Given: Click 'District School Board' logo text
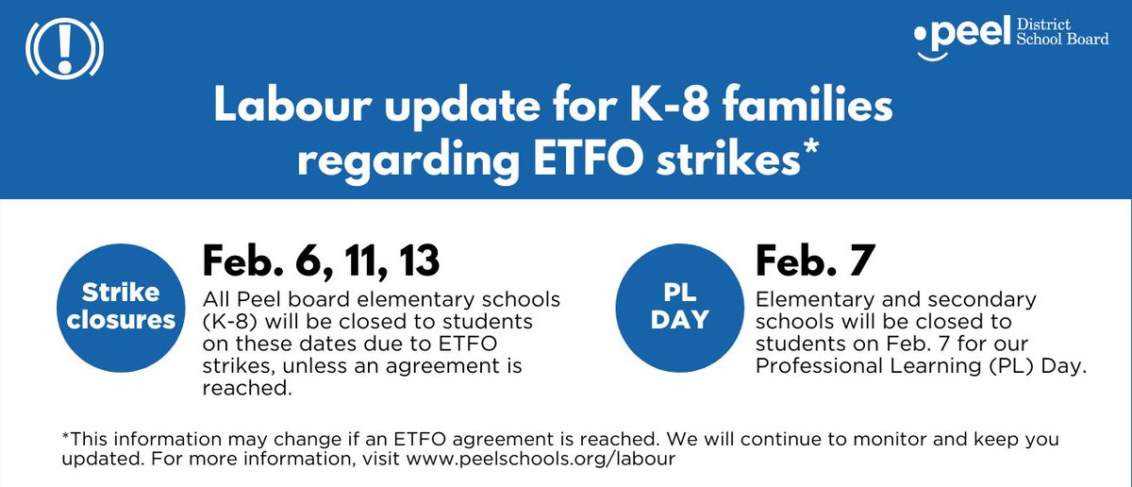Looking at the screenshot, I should (x=1060, y=38).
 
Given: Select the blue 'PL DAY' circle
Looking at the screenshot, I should (x=680, y=306).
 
